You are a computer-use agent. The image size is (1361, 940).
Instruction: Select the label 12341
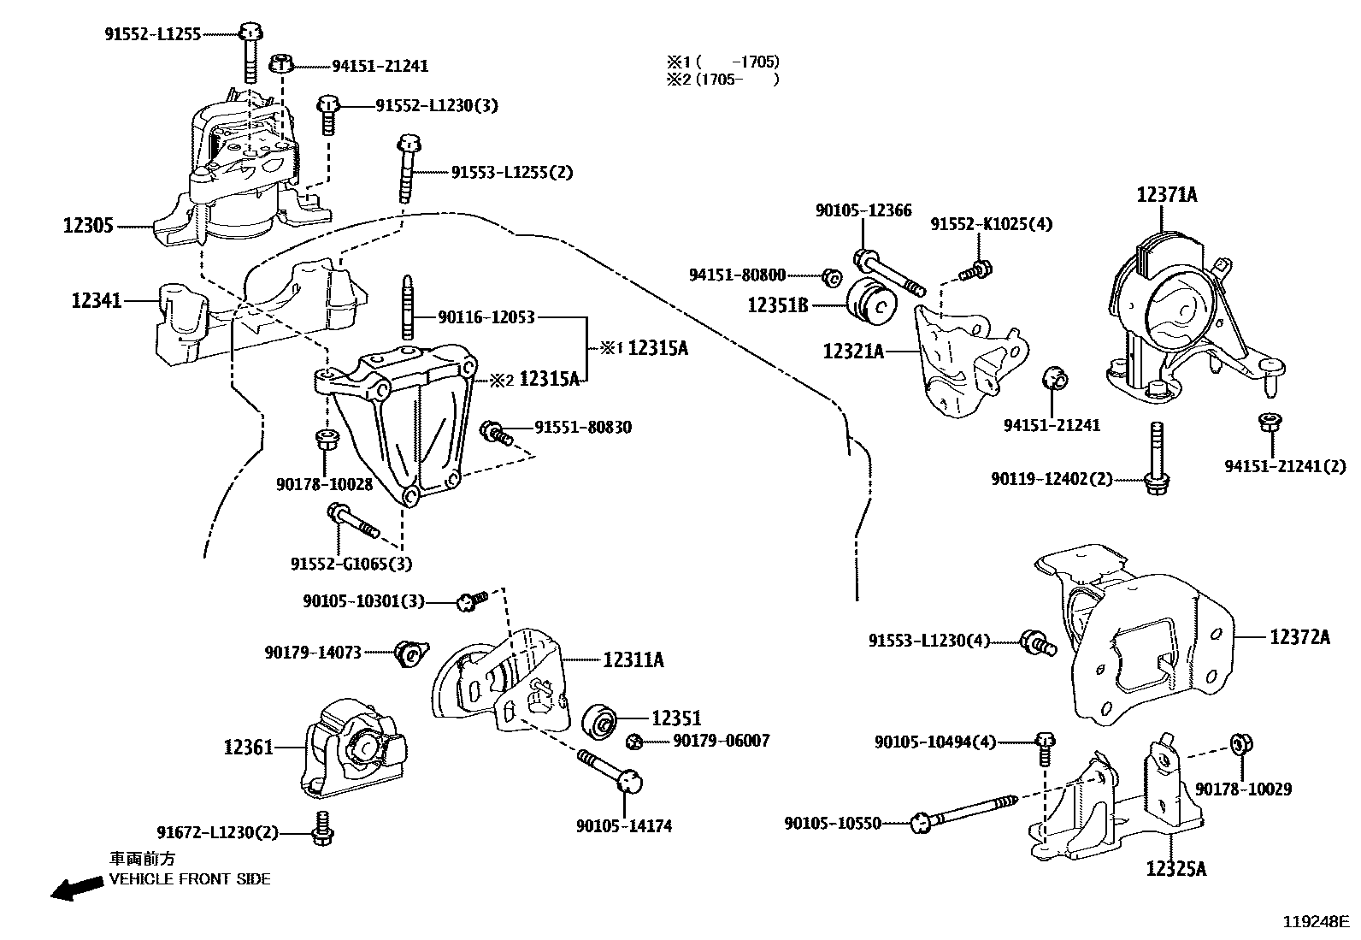pos(97,301)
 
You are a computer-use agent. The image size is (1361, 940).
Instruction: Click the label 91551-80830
pos(583,427)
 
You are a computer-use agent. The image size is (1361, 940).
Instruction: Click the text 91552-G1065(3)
pos(351,564)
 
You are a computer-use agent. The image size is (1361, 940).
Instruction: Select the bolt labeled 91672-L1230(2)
pos(323,829)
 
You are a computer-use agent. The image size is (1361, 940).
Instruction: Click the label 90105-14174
pos(623,826)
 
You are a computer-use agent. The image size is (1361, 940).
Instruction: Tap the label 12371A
pos(1166,195)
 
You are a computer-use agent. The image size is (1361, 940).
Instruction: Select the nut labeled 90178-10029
pos(1240,745)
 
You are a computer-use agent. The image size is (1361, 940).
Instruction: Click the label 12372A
pos(1299,636)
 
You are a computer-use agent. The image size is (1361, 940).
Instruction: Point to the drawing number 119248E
pos(1314,922)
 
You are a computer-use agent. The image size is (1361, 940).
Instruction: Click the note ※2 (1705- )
pos(723,79)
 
